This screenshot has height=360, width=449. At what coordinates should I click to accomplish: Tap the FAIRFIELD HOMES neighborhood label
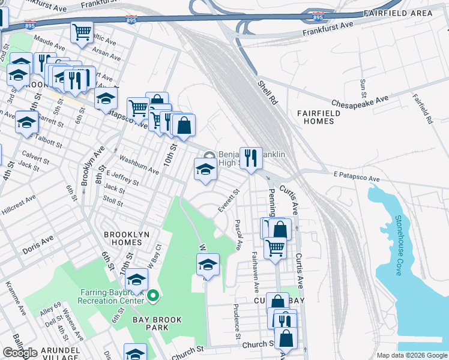[x=315, y=117]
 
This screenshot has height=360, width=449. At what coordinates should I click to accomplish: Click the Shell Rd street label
[x=267, y=93]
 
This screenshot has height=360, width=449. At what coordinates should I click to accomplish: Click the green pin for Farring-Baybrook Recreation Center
[x=153, y=295]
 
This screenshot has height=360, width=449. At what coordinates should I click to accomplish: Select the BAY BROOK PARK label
[x=158, y=320]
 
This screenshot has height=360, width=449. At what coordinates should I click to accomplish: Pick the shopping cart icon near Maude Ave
[x=82, y=32]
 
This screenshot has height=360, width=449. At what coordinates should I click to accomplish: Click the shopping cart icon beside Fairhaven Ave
[x=275, y=247]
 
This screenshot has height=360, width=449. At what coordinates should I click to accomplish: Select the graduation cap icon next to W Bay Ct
[x=136, y=280]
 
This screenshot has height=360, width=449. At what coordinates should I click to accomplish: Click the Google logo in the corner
[x=20, y=353]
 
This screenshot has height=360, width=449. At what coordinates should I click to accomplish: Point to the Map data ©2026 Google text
[x=411, y=355]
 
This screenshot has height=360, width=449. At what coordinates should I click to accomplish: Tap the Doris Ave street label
[x=38, y=242]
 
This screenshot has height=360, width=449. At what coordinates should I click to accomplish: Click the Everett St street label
[x=228, y=201]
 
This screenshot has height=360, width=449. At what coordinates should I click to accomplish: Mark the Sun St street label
[x=363, y=88]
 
